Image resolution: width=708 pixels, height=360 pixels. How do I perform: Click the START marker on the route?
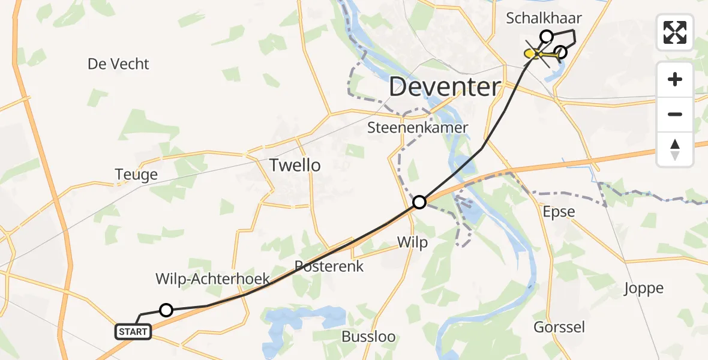[x=133, y=332]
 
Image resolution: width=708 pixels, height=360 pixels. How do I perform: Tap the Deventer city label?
[x=444, y=88]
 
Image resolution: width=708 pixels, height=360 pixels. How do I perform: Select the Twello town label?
[x=295, y=165]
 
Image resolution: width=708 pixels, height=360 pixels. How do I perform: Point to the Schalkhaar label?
[x=544, y=18]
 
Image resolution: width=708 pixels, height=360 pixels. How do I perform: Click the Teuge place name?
[x=136, y=175]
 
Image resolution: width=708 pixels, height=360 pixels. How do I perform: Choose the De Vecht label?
[x=118, y=64]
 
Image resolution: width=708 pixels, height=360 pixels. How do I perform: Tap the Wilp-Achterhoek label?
[x=212, y=278]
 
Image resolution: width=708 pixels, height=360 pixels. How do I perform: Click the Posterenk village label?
[x=329, y=266]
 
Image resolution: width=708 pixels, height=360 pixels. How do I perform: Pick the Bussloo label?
[x=368, y=336]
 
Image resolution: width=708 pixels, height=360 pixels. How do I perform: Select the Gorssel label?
[x=559, y=327]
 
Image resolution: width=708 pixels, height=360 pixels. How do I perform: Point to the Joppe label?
[x=643, y=288]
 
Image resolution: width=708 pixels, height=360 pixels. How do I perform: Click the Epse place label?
[x=558, y=212]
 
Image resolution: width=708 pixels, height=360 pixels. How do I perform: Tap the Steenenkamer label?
[x=418, y=128]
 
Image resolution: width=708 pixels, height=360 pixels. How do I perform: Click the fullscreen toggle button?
[x=675, y=32]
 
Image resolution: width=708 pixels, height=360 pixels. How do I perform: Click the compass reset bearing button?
[x=675, y=149]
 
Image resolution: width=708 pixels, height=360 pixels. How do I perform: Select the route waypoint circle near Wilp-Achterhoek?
[x=166, y=310]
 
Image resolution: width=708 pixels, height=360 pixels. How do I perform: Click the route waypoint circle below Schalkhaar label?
[x=546, y=37]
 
